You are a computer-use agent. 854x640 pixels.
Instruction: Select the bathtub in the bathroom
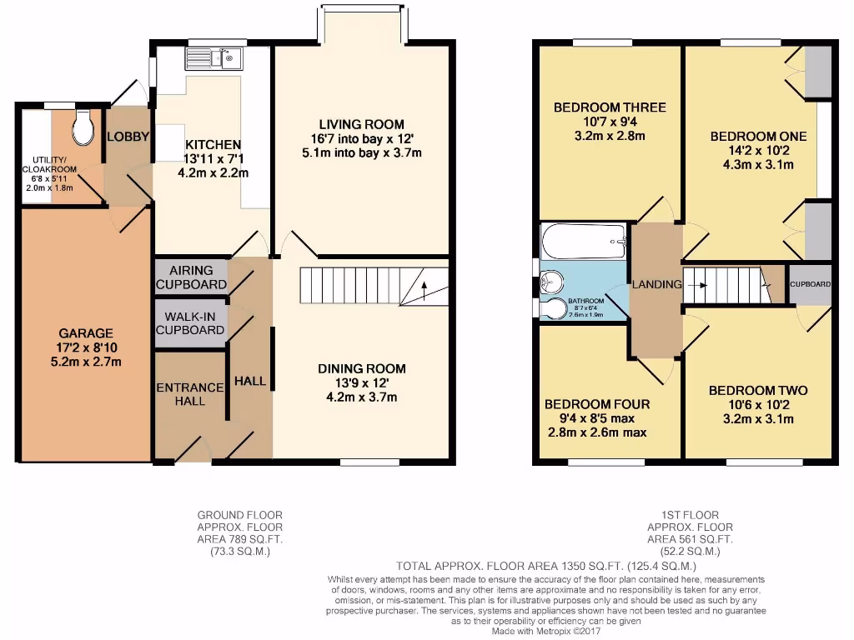[583, 241]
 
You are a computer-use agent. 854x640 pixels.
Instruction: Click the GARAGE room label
[85, 332]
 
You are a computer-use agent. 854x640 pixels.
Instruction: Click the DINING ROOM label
[361, 368]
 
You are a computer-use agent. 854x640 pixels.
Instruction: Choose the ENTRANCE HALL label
[191, 394]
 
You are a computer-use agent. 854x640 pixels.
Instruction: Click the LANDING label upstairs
[656, 284]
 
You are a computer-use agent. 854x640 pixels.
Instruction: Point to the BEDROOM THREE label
[610, 107]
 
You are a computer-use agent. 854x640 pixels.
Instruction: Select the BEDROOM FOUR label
[597, 404]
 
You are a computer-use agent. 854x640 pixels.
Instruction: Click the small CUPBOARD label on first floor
[811, 284]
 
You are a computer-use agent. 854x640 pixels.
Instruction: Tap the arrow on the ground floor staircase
[424, 289]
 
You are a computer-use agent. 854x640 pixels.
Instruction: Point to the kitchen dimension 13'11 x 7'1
[212, 158]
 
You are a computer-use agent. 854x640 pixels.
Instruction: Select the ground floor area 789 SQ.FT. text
[239, 539]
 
